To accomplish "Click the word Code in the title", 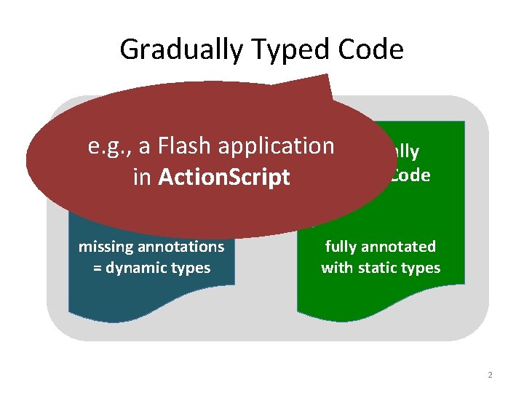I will point(371,49).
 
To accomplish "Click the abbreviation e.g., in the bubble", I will point(106,147).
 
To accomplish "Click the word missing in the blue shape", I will point(105,247).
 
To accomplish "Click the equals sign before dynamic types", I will point(98,268).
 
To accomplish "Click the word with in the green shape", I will point(336,268).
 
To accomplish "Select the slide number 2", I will point(490,375).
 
